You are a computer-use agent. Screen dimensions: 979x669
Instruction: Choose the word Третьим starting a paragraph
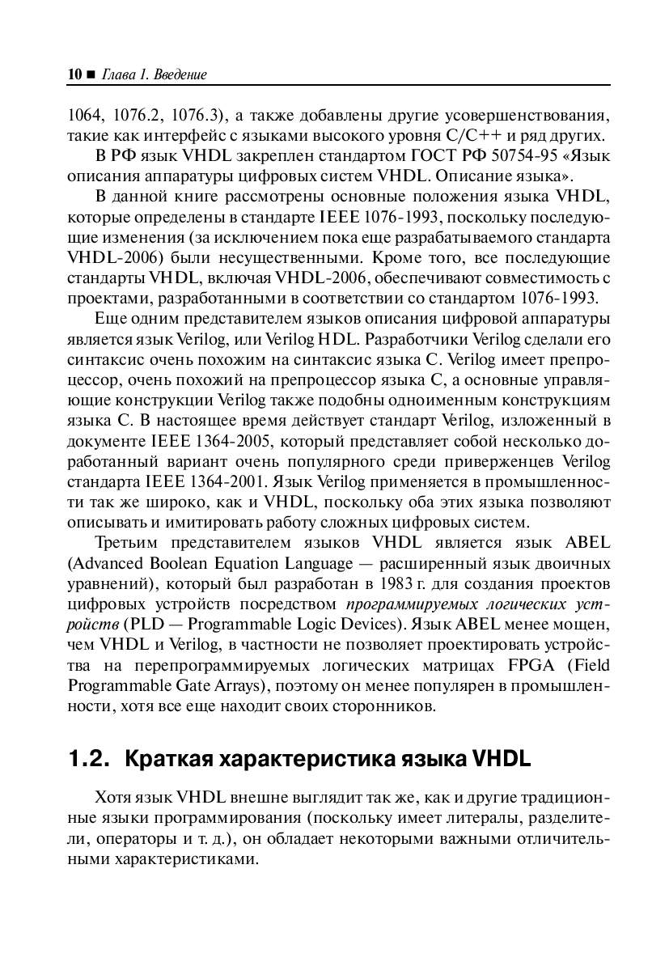tap(129, 542)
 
